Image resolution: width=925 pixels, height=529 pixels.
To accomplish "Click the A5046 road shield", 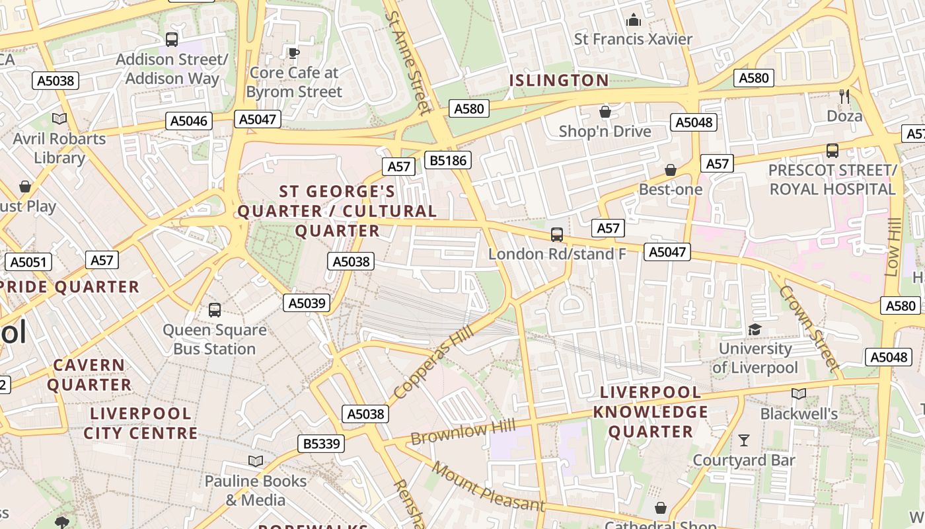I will [x=189, y=121].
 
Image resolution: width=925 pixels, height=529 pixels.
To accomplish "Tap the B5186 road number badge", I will [x=447, y=160].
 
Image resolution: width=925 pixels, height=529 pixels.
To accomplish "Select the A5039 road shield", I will [x=307, y=303].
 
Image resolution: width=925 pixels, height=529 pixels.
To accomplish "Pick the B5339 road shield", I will [x=322, y=444].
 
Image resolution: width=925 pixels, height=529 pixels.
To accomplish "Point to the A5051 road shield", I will [x=28, y=262].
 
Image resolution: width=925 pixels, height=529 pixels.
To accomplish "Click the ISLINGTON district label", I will [x=559, y=81].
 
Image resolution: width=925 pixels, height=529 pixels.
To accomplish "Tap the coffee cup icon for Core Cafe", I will [x=294, y=53].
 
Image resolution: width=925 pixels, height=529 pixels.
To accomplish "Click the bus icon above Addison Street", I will [x=172, y=40].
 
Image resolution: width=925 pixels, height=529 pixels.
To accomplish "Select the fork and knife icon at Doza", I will [x=844, y=97].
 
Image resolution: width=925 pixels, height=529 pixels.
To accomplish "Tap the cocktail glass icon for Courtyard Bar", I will [x=744, y=440].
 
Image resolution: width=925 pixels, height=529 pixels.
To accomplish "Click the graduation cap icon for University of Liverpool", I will [x=755, y=329].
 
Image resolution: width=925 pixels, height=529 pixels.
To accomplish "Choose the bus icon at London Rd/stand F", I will [x=557, y=235].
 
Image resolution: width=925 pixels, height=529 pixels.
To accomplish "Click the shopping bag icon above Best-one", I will [x=671, y=170].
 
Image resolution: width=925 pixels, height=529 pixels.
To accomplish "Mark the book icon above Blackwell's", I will [x=799, y=394].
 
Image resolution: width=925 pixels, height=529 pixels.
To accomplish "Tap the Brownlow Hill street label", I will [x=462, y=432].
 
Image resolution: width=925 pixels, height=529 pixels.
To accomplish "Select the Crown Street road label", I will [x=809, y=327].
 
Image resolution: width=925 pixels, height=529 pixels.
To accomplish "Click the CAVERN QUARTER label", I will [x=89, y=375].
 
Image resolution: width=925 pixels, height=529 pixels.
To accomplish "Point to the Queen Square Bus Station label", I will [x=215, y=339].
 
